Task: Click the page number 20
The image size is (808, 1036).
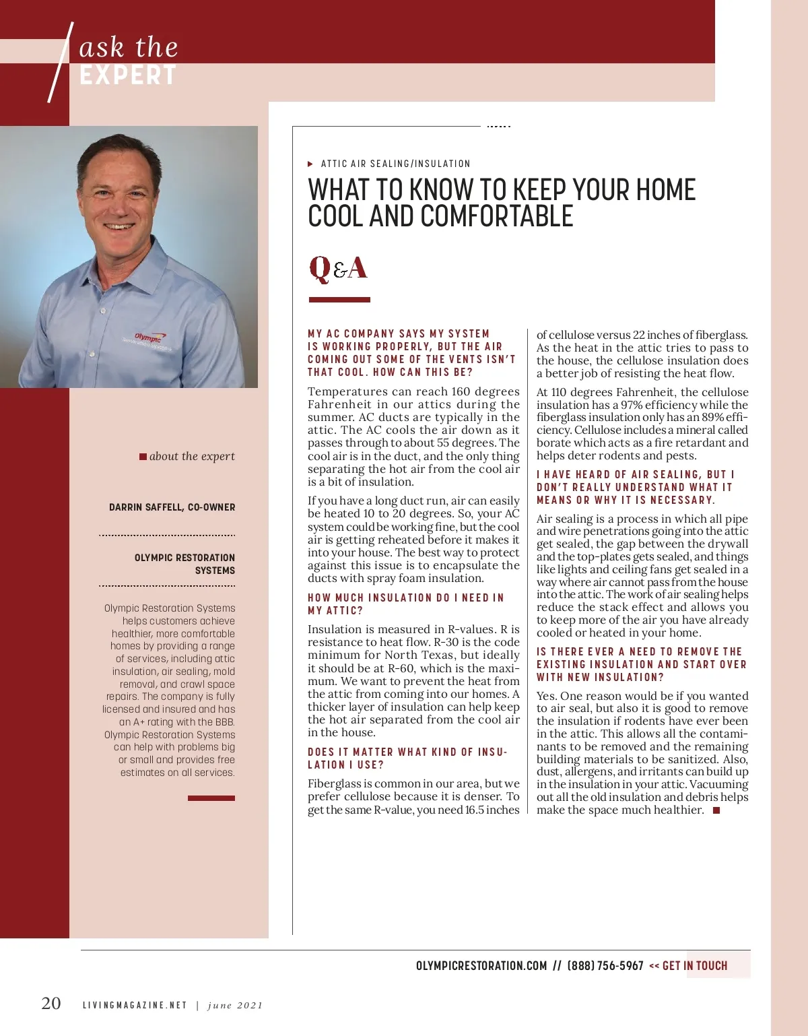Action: [x=51, y=1003]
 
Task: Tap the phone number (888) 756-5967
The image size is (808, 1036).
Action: [x=605, y=966]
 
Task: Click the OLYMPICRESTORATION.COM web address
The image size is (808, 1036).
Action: [x=481, y=966]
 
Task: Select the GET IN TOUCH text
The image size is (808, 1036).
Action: [x=695, y=966]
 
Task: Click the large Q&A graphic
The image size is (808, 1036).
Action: [x=338, y=268]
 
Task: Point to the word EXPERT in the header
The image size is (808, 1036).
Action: [x=128, y=75]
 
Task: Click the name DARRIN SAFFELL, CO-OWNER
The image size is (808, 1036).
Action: [x=172, y=507]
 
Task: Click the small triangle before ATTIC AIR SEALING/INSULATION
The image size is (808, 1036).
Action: [x=310, y=164]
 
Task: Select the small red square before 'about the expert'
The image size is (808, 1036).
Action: [x=143, y=457]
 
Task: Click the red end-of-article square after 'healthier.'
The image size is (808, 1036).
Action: [x=716, y=810]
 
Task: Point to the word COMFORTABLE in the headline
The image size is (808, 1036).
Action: [x=497, y=216]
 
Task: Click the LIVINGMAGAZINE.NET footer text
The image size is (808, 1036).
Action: [x=135, y=1005]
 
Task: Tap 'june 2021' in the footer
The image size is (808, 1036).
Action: [x=235, y=1006]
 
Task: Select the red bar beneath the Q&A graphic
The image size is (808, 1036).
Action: [x=339, y=300]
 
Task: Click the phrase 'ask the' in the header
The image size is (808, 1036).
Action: [x=129, y=47]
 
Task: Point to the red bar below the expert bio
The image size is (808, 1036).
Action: [x=211, y=798]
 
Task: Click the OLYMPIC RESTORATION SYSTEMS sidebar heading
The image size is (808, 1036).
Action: [x=184, y=564]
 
